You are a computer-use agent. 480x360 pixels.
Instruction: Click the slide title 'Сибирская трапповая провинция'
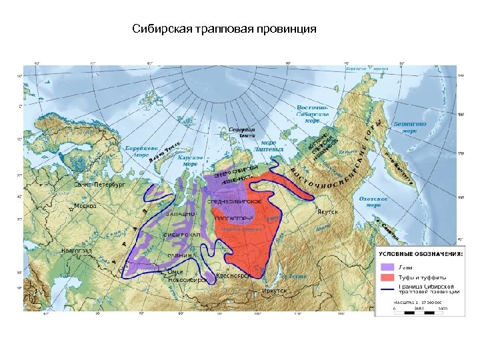click(x=225, y=29)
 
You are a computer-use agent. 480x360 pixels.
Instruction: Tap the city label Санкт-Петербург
click(x=99, y=184)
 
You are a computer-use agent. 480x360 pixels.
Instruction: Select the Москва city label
click(x=85, y=206)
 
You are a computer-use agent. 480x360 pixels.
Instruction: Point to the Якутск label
click(x=327, y=212)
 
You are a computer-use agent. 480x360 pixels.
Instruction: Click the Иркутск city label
click(x=275, y=291)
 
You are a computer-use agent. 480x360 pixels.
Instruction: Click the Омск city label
click(x=175, y=272)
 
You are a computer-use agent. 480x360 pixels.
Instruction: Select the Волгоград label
click(x=76, y=251)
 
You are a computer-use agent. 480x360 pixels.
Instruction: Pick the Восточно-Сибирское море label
click(x=312, y=113)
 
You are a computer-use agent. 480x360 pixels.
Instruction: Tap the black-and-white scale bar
click(x=419, y=312)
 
